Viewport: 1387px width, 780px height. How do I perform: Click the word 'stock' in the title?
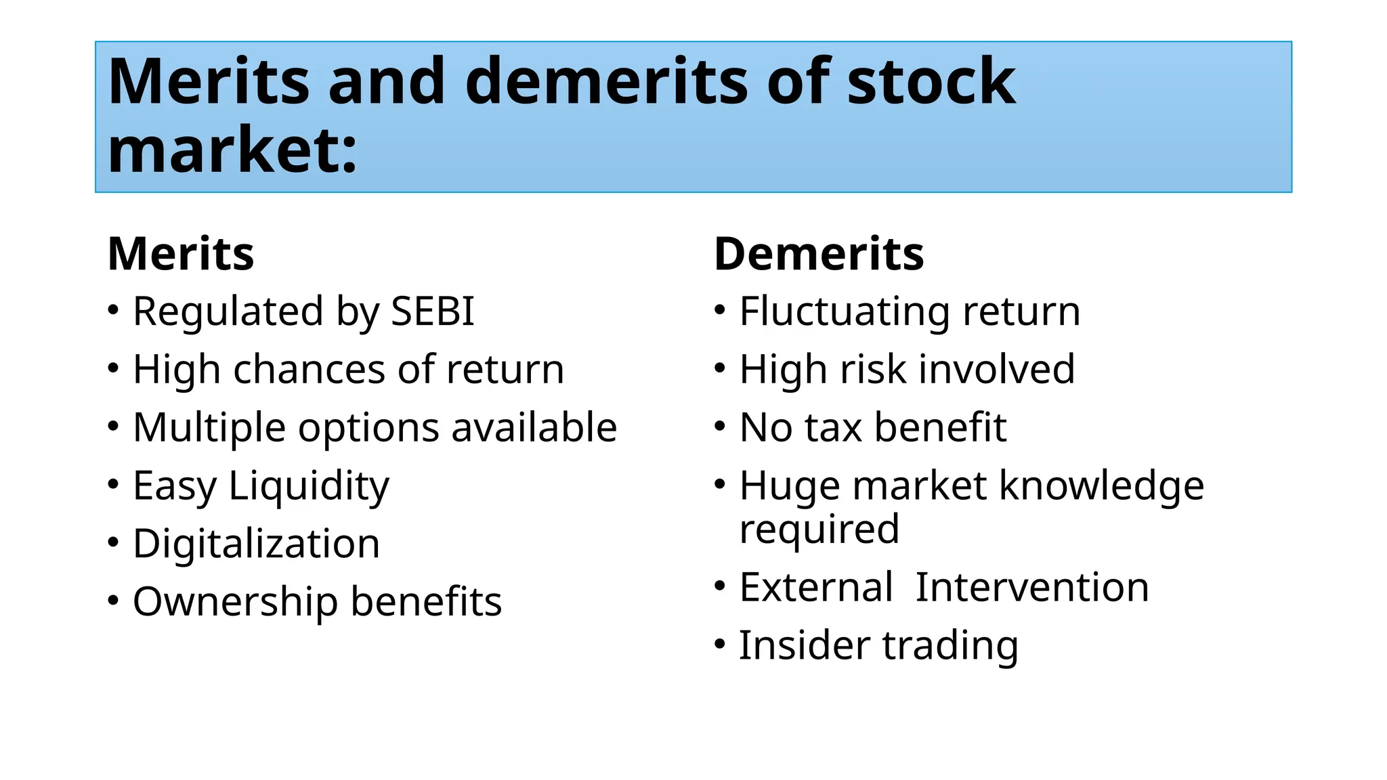click(931, 82)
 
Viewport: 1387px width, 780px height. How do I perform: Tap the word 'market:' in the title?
click(232, 150)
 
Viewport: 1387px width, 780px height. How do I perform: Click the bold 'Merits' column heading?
click(181, 254)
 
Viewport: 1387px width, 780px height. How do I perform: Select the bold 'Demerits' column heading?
click(819, 254)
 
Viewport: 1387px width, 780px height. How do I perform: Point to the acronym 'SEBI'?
click(433, 311)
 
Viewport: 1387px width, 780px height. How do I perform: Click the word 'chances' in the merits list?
click(311, 370)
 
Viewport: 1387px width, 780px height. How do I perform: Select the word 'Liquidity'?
click(309, 486)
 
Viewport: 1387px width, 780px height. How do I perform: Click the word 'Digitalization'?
click(256, 544)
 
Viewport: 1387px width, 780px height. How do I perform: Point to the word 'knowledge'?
click(1102, 486)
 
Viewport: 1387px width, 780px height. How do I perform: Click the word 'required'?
click(819, 529)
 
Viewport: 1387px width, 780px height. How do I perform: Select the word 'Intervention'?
click(1032, 587)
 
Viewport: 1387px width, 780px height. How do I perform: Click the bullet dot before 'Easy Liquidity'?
click(113, 485)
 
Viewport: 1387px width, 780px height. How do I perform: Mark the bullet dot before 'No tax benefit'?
click(720, 427)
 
